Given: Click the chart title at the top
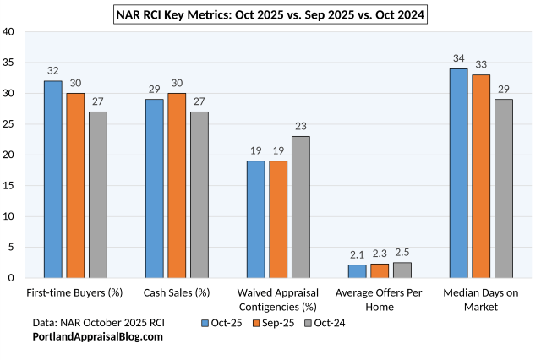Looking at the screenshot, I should (270, 14).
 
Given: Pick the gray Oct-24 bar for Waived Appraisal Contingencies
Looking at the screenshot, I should (301, 207).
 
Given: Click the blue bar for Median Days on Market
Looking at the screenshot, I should (459, 173).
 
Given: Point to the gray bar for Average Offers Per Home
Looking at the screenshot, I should (402, 270).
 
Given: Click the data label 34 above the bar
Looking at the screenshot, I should (459, 59).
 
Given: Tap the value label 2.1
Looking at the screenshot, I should (358, 254).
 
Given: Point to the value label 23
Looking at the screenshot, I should (301, 127).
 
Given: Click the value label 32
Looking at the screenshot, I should (53, 71).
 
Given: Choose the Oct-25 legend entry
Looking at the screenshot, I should (223, 323).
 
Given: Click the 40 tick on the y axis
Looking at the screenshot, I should (8, 32).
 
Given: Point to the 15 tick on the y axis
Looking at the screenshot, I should (8, 186).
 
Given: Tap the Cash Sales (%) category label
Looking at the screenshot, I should (177, 292).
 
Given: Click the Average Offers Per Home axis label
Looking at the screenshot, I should (380, 299).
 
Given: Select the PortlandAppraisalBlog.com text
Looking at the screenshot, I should (97, 336).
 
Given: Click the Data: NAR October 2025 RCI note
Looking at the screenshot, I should (98, 323).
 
